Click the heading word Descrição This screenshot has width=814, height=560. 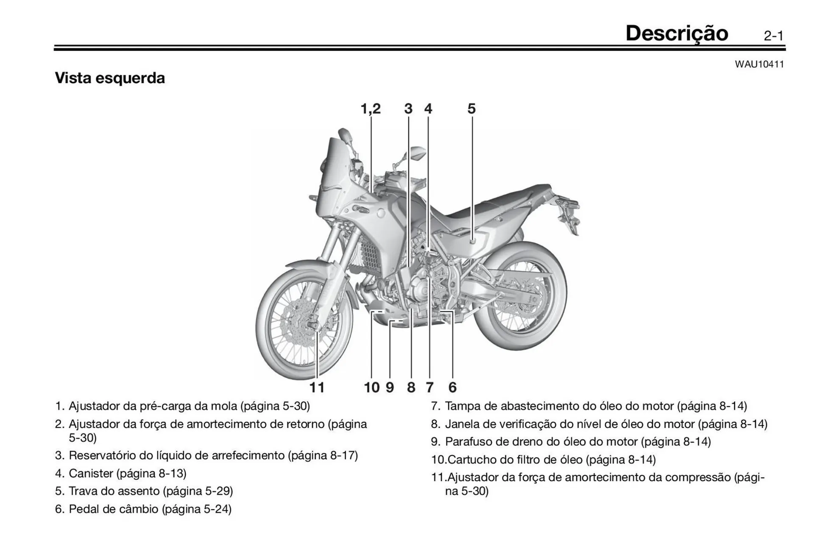point(677,33)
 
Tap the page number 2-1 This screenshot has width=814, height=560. point(774,36)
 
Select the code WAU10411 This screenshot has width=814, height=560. point(759,64)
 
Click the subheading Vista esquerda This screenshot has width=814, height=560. point(110,78)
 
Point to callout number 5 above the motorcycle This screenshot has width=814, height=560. point(471,109)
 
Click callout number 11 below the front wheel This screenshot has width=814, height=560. point(317,387)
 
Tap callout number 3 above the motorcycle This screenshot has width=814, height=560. point(408,109)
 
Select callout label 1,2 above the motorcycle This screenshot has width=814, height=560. point(371,109)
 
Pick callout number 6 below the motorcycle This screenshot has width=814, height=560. point(452,387)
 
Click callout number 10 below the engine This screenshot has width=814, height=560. point(372,387)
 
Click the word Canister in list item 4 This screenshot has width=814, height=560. point(91,473)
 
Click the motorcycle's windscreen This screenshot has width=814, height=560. point(333,170)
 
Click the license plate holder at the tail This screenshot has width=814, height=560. point(570,216)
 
